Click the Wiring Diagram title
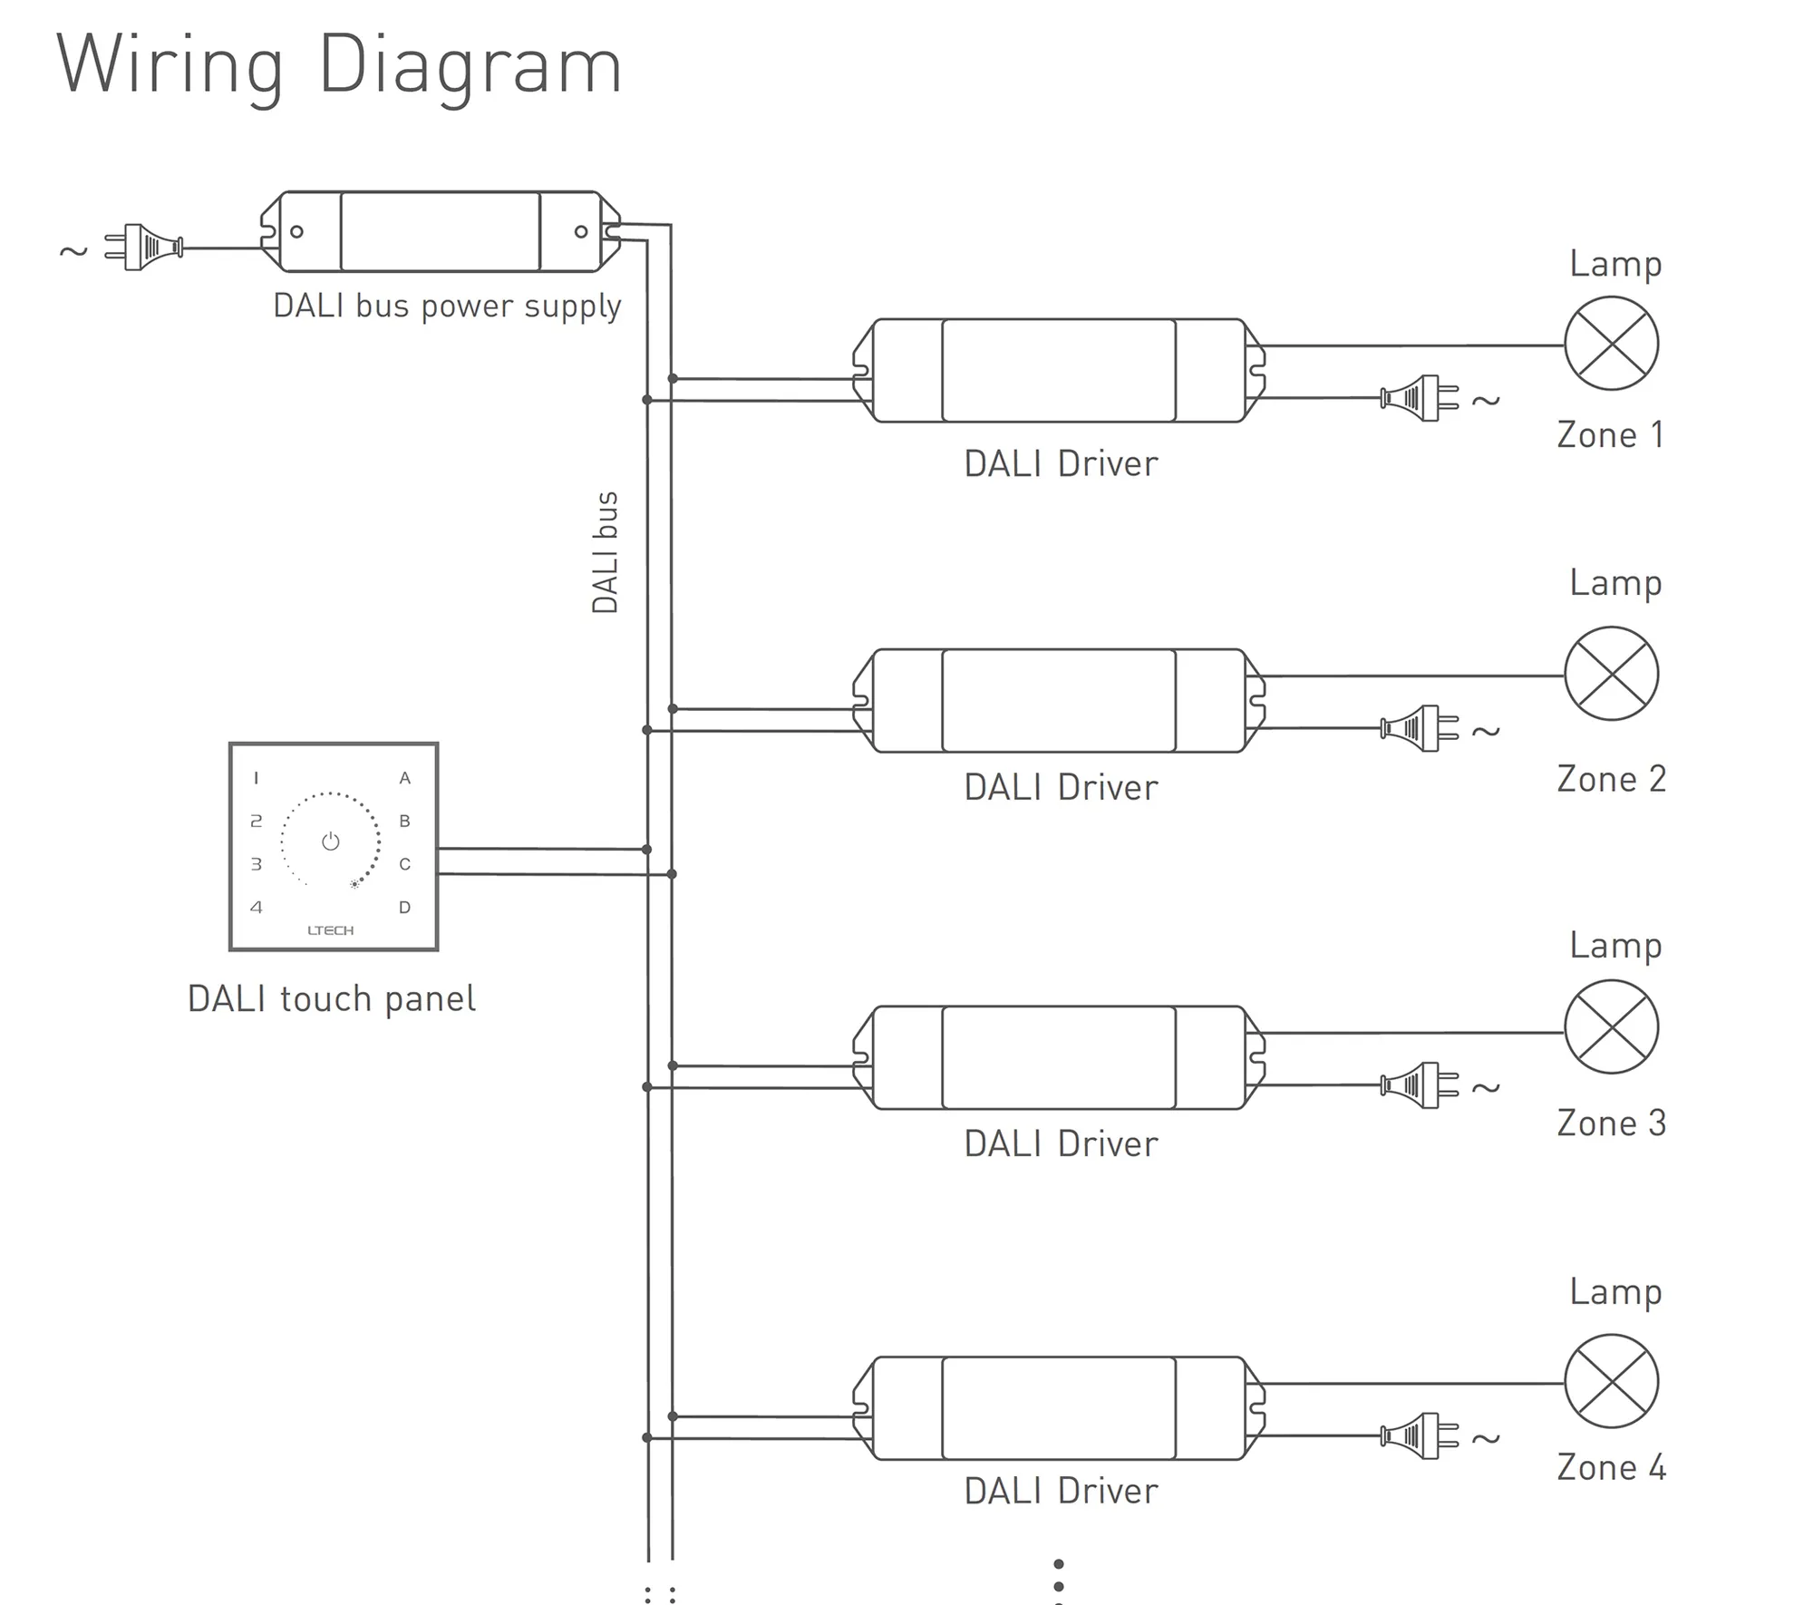[x=339, y=65]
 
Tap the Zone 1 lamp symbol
[x=1611, y=344]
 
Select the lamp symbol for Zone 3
[x=1611, y=1026]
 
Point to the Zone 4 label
[x=1611, y=1467]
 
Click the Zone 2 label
[x=1611, y=779]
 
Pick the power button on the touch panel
[x=331, y=841]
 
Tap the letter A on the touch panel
[x=405, y=778]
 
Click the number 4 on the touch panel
[x=257, y=907]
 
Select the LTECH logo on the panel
[x=331, y=930]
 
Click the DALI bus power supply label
[x=447, y=306]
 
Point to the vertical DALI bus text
[x=605, y=552]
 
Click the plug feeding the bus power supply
[x=145, y=247]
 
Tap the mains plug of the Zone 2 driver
[x=1419, y=728]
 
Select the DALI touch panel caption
[x=331, y=999]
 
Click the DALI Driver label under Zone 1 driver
[x=1061, y=464]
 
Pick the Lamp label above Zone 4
[x=1615, y=1291]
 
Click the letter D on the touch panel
[x=405, y=907]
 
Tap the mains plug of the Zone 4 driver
[x=1419, y=1435]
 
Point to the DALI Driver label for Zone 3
[x=1061, y=1144]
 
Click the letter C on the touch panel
[x=405, y=864]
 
